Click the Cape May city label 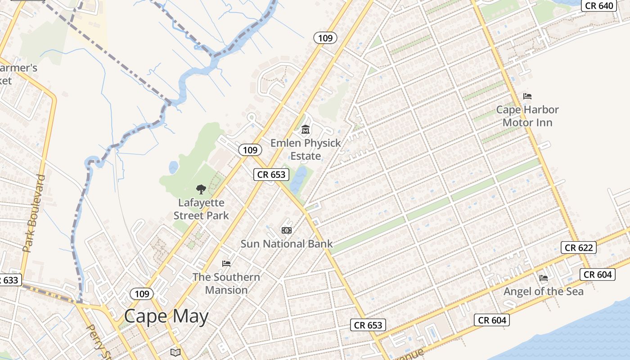pyautogui.click(x=166, y=316)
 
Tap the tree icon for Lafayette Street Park pyautogui.click(x=201, y=189)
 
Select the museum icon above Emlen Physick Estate pyautogui.click(x=306, y=130)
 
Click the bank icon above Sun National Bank pyautogui.click(x=287, y=230)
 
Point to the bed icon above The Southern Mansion pyautogui.click(x=226, y=263)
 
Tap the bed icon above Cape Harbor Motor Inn pyautogui.click(x=527, y=96)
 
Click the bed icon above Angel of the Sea pyautogui.click(x=544, y=278)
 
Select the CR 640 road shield pyautogui.click(x=599, y=6)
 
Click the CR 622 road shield pyautogui.click(x=579, y=247)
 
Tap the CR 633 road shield pyautogui.click(x=8, y=280)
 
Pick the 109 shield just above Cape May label pyautogui.click(x=142, y=294)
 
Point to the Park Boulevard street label pyautogui.click(x=35, y=213)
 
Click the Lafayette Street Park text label pyautogui.click(x=201, y=209)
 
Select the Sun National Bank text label pyautogui.click(x=287, y=244)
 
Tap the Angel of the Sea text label pyautogui.click(x=544, y=292)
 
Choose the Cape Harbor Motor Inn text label pyautogui.click(x=527, y=116)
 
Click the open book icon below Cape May pyautogui.click(x=175, y=352)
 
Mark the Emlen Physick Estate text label pyautogui.click(x=306, y=149)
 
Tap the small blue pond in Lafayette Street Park pyautogui.click(x=173, y=168)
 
